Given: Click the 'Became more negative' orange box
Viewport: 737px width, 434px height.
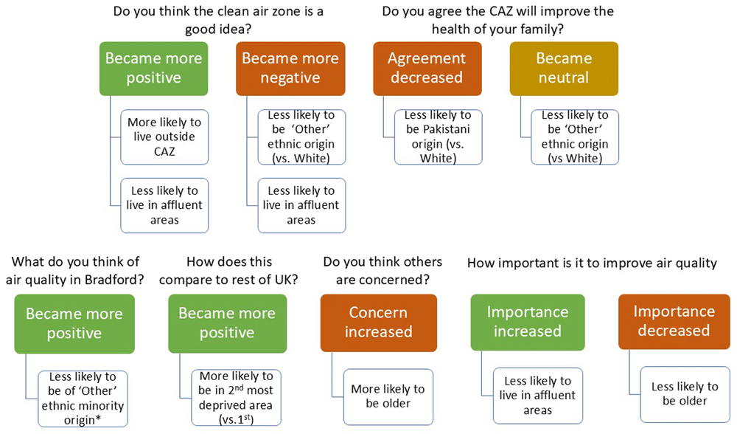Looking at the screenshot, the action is (290, 69).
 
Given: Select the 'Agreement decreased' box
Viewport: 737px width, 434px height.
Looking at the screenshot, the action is (427, 69).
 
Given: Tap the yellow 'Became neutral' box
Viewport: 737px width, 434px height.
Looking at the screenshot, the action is (564, 69).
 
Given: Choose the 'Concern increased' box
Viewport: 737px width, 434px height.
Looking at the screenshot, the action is (379, 323).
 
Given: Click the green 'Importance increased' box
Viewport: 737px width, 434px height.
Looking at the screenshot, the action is (528, 323).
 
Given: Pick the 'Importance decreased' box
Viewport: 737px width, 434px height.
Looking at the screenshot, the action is (674, 322).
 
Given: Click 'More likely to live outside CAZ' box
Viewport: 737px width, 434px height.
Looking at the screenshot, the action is (164, 137).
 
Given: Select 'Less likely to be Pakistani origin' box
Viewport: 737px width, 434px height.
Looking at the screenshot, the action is (438, 137).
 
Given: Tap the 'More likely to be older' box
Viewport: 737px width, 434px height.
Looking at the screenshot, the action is (388, 397).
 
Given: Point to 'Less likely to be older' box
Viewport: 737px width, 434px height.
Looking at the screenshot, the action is (685, 394).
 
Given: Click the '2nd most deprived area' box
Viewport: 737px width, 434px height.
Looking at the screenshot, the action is (236, 398).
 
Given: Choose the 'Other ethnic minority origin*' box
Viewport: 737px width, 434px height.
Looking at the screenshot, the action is (83, 399).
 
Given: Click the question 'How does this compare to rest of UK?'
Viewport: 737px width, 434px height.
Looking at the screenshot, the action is (229, 271).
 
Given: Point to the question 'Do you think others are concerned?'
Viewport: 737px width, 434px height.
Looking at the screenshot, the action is (383, 271).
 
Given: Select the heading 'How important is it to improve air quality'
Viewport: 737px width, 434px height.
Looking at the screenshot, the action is (593, 263).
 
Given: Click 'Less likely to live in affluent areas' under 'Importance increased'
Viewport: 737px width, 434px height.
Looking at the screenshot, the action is (538, 396).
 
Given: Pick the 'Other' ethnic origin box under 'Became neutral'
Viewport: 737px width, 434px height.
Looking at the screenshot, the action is (575, 137).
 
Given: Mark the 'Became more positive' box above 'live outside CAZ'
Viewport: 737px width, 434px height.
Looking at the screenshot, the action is (154, 69).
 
